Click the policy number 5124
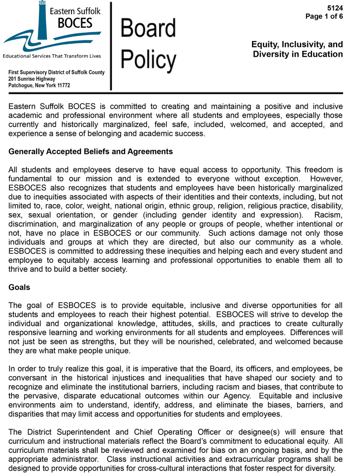335,8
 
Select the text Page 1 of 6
324,17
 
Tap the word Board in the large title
148,28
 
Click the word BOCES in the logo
75,23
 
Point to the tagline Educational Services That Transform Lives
52,56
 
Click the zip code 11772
64,85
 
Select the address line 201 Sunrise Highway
32,79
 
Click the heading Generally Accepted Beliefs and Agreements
91,152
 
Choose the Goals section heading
19,287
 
